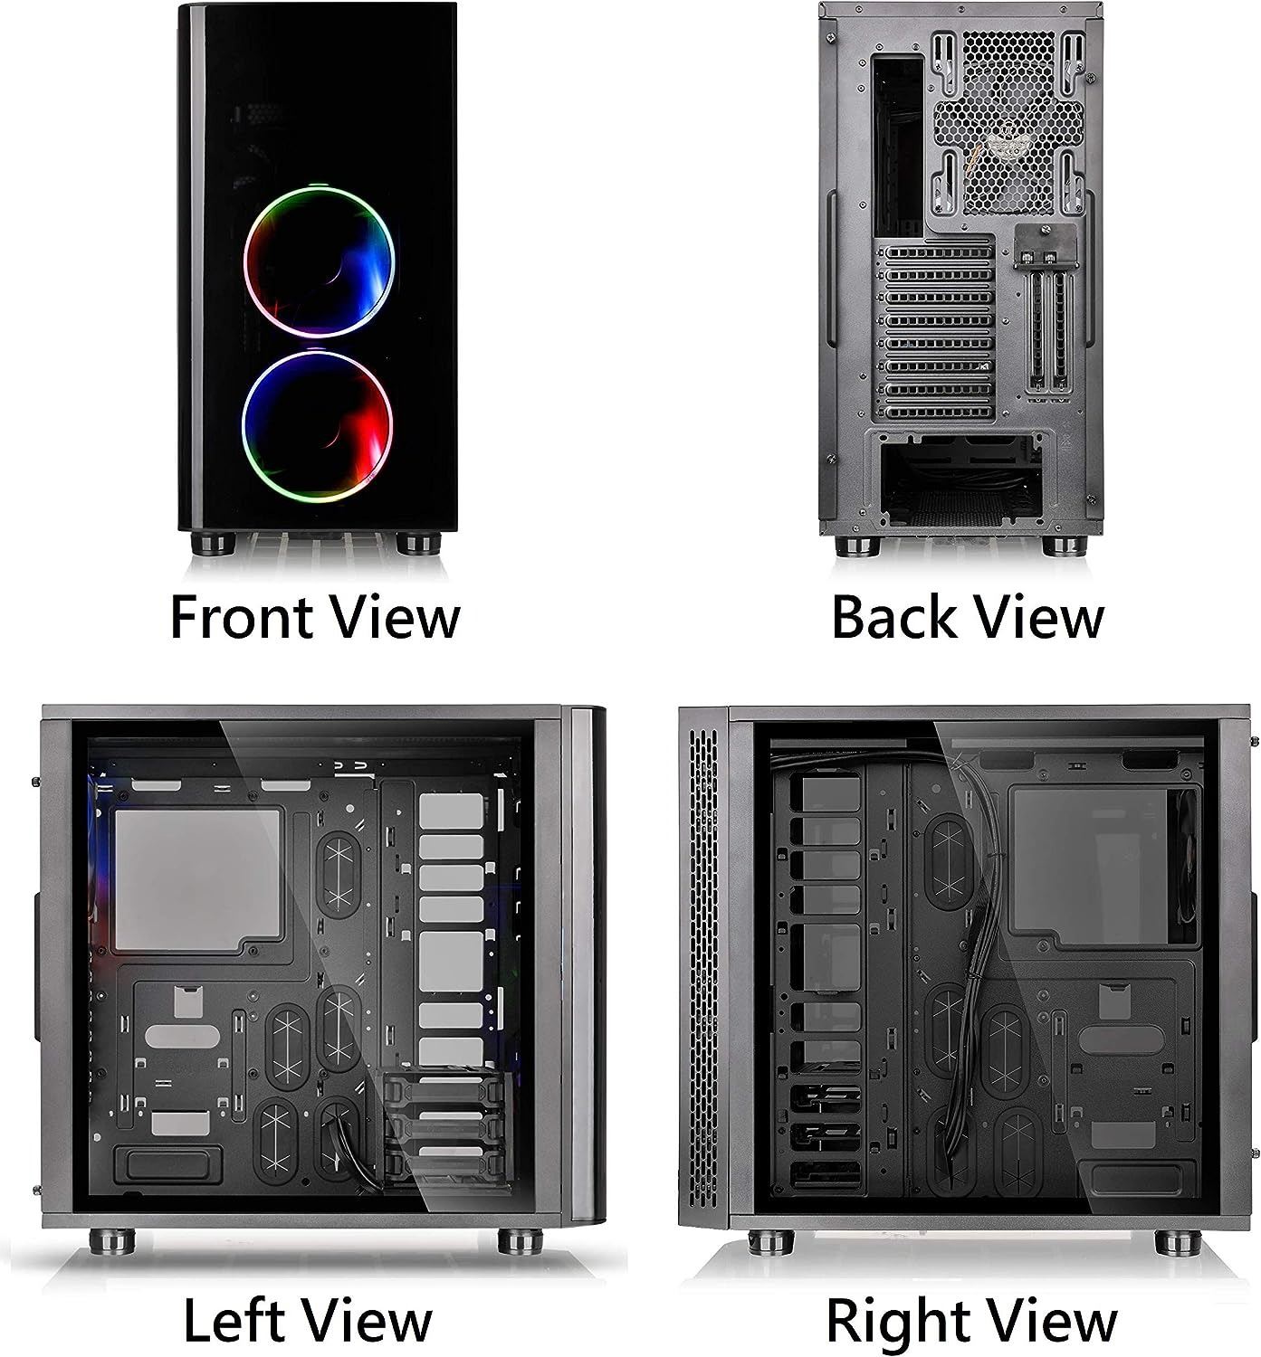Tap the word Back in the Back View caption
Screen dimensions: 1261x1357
[x=894, y=617]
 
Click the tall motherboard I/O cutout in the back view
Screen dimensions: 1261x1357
[x=898, y=147]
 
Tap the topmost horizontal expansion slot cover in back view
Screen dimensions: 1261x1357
[x=938, y=252]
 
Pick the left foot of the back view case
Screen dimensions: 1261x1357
[x=857, y=546]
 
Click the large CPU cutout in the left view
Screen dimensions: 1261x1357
[x=197, y=879]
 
